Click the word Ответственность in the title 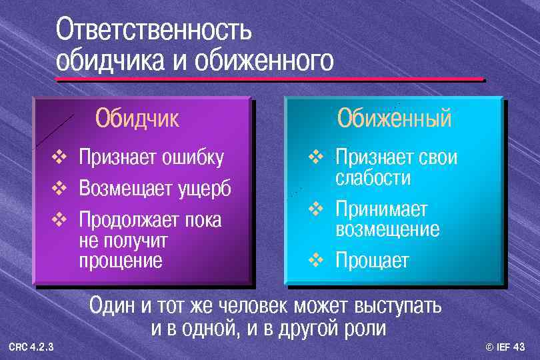pyautogui.click(x=154, y=30)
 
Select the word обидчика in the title pyautogui.click(x=109, y=61)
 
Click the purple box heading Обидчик pyautogui.click(x=137, y=118)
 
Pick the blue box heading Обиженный pyautogui.click(x=394, y=118)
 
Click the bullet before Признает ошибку pyautogui.click(x=59, y=158)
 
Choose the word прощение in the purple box pyautogui.click(x=121, y=260)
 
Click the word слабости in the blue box pyautogui.click(x=373, y=179)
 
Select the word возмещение pyautogui.click(x=387, y=230)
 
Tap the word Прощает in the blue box pyautogui.click(x=372, y=260)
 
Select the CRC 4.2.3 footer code pyautogui.click(x=31, y=347)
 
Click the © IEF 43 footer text pyautogui.click(x=505, y=347)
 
